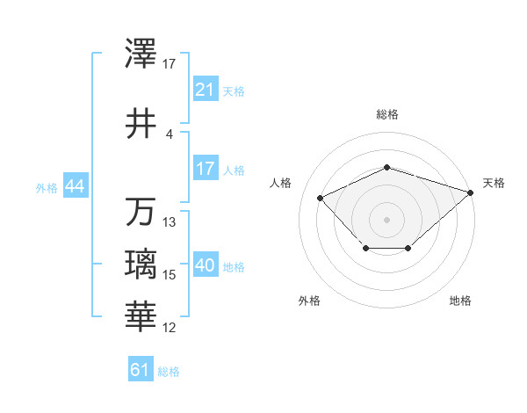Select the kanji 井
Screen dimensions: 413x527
141,123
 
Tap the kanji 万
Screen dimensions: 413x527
141,212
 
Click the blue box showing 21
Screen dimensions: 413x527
205,90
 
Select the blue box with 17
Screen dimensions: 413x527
205,169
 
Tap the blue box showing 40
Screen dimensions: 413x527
206,266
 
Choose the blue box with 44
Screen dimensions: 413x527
74,187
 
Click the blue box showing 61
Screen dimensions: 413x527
141,370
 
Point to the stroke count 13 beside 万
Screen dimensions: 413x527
170,222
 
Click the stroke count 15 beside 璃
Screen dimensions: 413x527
170,275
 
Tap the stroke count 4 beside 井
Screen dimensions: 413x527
170,134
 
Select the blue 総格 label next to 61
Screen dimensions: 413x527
169,372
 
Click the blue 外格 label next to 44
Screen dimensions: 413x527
47,188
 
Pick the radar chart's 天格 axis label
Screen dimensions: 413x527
494,183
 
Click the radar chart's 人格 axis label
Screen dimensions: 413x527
281,183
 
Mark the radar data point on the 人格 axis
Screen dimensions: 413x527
321,198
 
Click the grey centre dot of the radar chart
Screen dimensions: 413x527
386,219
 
